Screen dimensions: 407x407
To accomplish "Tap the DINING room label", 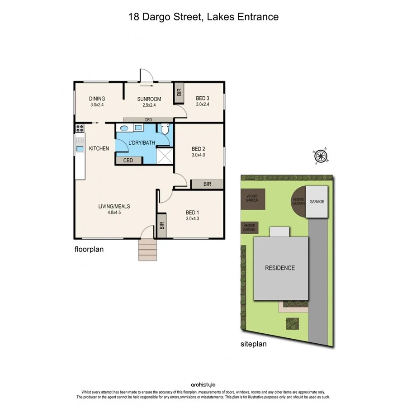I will pyautogui.click(x=97, y=99).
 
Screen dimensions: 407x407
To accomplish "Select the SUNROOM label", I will pyautogui.click(x=149, y=99).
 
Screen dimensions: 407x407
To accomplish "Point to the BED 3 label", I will pyautogui.click(x=203, y=99).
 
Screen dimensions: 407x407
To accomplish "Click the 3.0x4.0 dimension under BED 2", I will pyautogui.click(x=198, y=155).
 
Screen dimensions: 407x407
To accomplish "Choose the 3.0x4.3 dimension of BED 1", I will pyautogui.click(x=193, y=218).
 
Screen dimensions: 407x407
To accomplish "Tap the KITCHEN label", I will pyautogui.click(x=99, y=148).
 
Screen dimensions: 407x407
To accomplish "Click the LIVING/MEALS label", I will pyautogui.click(x=114, y=207).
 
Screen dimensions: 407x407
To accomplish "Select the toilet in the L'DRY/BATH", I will pyautogui.click(x=166, y=129).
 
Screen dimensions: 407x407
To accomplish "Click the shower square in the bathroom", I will pyautogui.click(x=166, y=156).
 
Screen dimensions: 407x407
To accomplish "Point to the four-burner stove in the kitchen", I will pyautogui.click(x=80, y=128).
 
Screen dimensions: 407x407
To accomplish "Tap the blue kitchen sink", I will pyautogui.click(x=80, y=148).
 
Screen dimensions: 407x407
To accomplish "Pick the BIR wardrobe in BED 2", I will pyautogui.click(x=207, y=184).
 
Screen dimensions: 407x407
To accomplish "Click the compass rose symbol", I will pyautogui.click(x=321, y=156).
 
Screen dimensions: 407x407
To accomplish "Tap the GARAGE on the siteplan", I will pyautogui.click(x=317, y=202).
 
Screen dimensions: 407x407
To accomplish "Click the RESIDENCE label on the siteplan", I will pyautogui.click(x=279, y=268).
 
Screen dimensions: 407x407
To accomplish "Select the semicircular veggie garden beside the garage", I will pyautogui.click(x=298, y=201).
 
